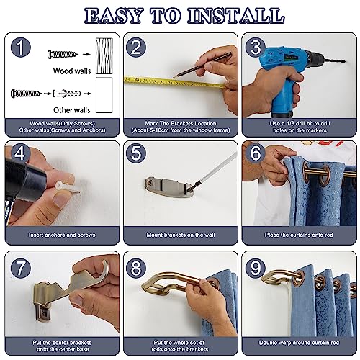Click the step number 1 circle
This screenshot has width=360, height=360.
21,48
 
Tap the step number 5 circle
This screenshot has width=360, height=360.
136,153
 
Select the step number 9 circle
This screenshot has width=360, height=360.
255,268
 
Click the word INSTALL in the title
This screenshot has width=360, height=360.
236,16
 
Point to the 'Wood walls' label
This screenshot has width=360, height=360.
72,71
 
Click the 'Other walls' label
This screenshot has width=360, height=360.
72,110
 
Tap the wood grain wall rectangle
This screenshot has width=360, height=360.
104,55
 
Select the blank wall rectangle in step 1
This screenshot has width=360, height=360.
104,95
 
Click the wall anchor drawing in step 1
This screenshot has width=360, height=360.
67,93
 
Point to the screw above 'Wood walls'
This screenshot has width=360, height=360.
63,54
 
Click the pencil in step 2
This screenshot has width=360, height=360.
202,65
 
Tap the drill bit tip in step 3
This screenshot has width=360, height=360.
344,62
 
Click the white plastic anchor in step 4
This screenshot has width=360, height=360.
68,187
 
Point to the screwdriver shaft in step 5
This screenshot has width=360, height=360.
217,168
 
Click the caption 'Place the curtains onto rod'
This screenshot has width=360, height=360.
299,235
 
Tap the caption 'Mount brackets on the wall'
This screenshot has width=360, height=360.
181,235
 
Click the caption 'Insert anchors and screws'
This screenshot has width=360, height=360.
62,235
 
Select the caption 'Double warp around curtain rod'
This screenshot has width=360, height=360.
299,343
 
